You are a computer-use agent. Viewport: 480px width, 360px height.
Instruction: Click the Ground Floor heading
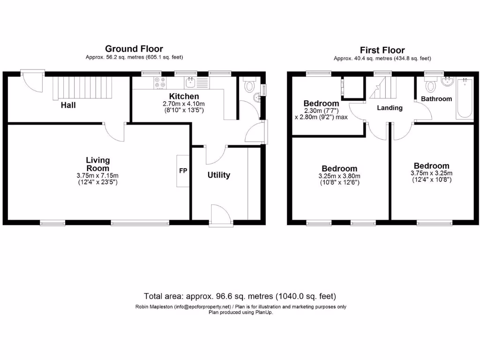[134, 49]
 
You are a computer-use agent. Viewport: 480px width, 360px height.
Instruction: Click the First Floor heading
[382, 50]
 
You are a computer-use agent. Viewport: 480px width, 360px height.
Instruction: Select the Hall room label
[68, 105]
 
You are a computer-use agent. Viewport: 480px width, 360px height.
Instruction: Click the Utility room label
[219, 175]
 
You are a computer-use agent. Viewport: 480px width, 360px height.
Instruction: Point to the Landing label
[390, 108]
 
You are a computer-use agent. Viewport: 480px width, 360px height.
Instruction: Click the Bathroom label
[436, 99]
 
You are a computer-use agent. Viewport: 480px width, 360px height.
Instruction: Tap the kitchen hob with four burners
[160, 82]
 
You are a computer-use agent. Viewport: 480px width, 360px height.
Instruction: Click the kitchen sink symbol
[190, 82]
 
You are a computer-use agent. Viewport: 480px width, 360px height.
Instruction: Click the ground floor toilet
[249, 85]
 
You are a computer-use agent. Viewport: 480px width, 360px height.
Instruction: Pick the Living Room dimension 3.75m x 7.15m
[98, 176]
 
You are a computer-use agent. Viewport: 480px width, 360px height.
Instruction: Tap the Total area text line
[240, 296]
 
